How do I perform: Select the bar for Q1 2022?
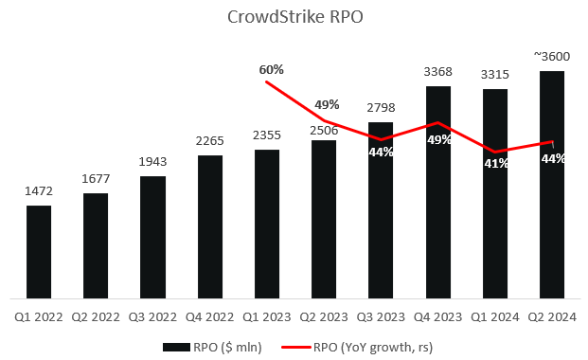(x=39, y=251)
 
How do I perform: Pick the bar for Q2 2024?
(x=552, y=184)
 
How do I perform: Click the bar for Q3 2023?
(x=381, y=209)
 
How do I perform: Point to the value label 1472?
(x=39, y=192)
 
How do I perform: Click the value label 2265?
(x=210, y=142)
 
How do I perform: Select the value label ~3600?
(x=551, y=58)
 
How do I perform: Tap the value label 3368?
(x=437, y=73)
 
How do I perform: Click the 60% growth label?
(x=271, y=69)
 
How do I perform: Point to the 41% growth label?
(x=495, y=163)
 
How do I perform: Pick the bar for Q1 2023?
(x=267, y=223)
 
